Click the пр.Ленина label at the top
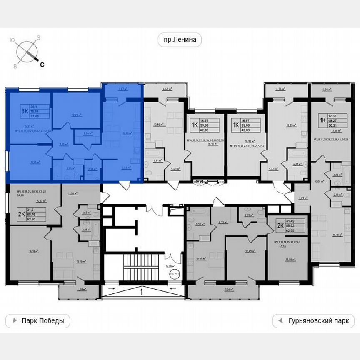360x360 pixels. [x=180, y=40]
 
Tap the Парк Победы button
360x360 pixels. [x=37, y=321]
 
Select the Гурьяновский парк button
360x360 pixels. [x=313, y=321]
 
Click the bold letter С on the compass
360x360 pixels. [x=42, y=64]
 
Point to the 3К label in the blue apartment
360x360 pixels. [x=25, y=110]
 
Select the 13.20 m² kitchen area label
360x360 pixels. [x=81, y=262]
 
